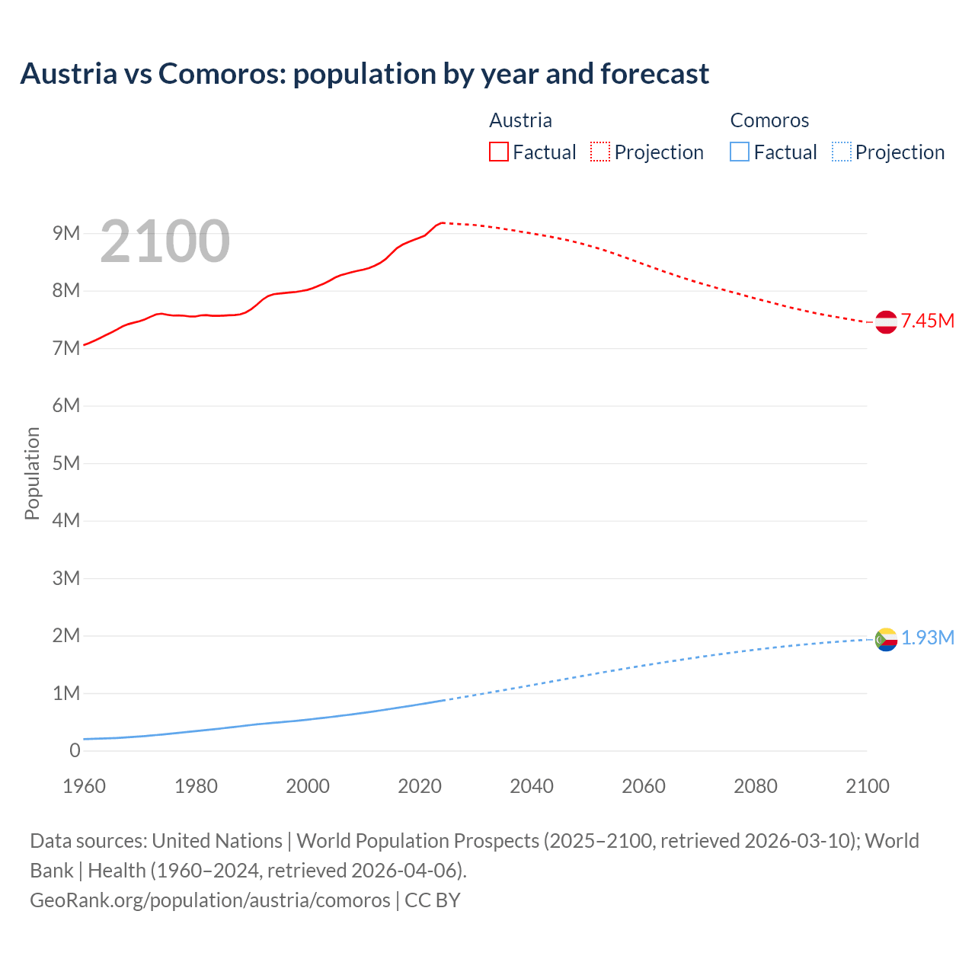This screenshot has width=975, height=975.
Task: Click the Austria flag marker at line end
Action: pos(886,322)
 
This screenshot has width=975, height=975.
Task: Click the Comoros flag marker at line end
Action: pos(886,639)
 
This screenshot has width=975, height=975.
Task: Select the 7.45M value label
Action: pos(928,321)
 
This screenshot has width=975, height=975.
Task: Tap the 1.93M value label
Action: pos(928,638)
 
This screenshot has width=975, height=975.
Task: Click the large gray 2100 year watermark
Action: pos(165,241)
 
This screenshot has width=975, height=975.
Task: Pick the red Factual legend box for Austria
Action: pos(498,152)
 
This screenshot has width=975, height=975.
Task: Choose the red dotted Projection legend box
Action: pos(600,152)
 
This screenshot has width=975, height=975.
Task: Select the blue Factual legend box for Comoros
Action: pos(740,152)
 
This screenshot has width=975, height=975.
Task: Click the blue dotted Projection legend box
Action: pos(841,152)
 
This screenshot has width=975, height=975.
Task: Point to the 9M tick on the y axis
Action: pos(66,233)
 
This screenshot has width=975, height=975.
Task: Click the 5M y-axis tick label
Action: pos(66,463)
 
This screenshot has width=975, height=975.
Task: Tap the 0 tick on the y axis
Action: pos(75,750)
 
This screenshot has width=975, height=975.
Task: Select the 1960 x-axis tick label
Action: pos(84,786)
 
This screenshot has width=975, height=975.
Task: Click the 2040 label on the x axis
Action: pos(532,786)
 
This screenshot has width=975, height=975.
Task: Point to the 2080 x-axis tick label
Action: pos(756,786)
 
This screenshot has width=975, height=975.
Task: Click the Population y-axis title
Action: pos(32,473)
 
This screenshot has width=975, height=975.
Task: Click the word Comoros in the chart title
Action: pos(221,74)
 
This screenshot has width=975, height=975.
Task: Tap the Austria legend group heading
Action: pos(520,120)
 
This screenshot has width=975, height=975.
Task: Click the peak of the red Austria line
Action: pos(442,222)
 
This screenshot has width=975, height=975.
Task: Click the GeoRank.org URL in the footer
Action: pos(209,900)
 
